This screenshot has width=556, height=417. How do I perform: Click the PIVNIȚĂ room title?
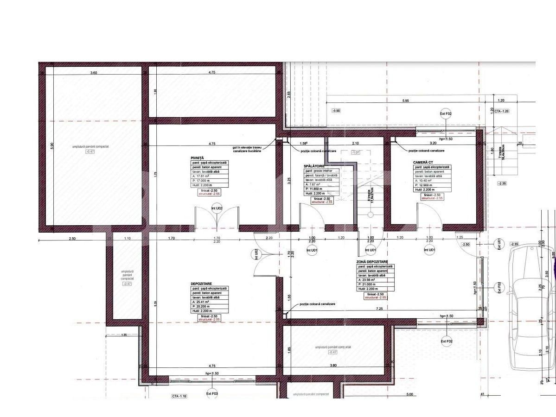pyautogui.click(x=197, y=158)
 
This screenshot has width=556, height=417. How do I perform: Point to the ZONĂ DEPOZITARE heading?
pyautogui.click(x=372, y=262)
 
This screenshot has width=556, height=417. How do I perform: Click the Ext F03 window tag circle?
pyautogui.click(x=212, y=394)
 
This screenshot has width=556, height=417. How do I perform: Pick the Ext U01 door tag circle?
pyautogui.click(x=499, y=244)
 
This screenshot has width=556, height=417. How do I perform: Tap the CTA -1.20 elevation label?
pyautogui.click(x=502, y=111)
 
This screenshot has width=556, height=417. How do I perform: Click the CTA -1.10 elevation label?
pyautogui.click(x=179, y=396)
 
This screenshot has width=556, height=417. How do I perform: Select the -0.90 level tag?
pyautogui.click(x=336, y=111)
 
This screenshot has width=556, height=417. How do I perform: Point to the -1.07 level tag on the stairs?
pyautogui.click(x=356, y=152)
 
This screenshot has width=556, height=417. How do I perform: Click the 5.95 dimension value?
pyautogui.click(x=406, y=101)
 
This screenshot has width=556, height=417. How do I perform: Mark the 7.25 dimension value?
pyautogui.click(x=379, y=309)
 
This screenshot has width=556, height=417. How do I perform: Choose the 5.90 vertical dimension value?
pyautogui.click(x=52, y=145)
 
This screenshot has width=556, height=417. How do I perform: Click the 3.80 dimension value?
pyautogui.click(x=332, y=366)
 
